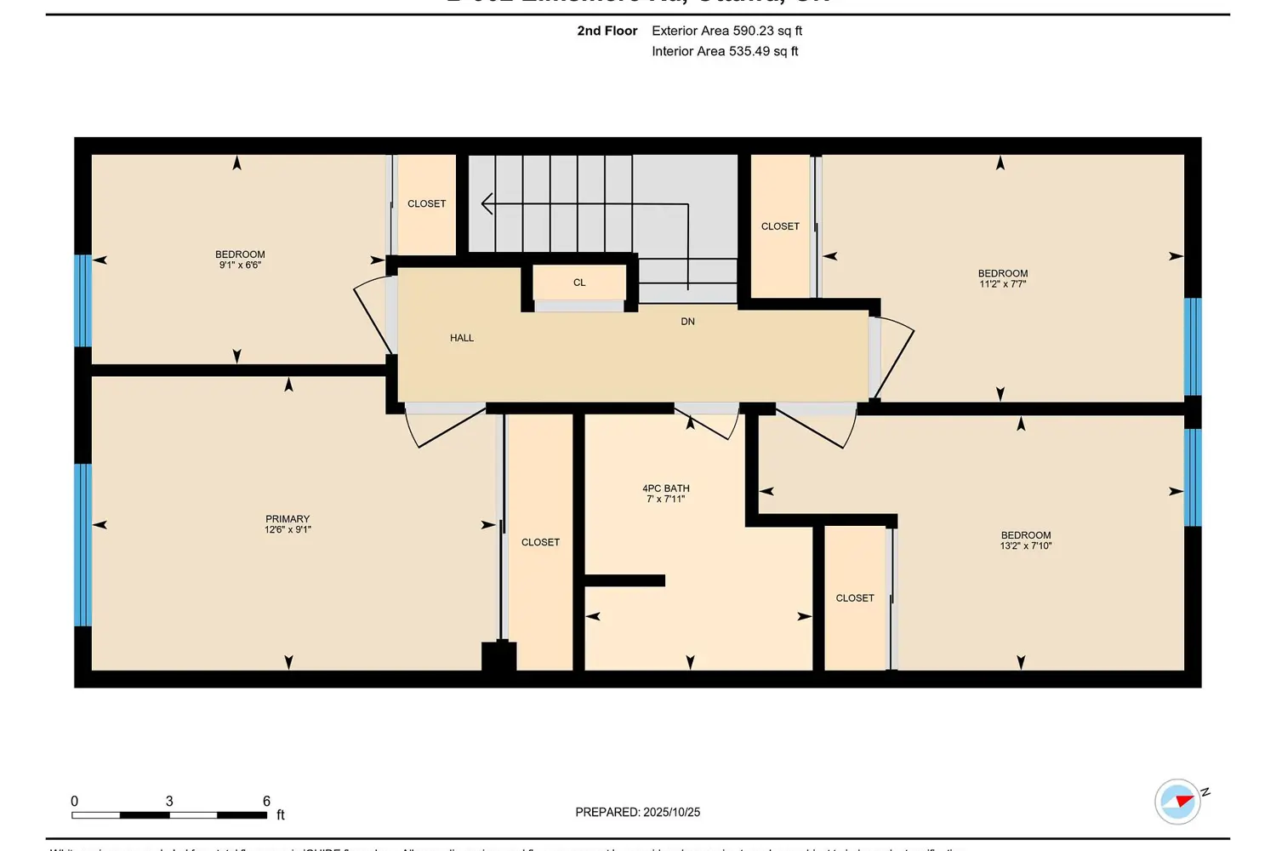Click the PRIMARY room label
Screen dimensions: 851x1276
click(288, 519)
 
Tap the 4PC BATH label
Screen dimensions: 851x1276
click(665, 488)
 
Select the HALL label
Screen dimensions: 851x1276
click(462, 338)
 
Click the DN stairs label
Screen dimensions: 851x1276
click(687, 322)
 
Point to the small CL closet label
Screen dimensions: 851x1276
click(579, 283)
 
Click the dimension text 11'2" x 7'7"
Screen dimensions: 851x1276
click(1002, 284)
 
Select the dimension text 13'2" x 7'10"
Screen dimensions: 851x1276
click(1025, 546)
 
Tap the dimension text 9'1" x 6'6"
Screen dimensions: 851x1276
click(240, 266)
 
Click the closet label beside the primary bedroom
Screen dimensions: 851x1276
click(540, 542)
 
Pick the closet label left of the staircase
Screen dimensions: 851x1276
click(426, 203)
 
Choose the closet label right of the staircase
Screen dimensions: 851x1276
click(780, 226)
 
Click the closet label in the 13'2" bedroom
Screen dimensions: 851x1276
click(855, 598)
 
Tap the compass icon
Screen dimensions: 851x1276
click(1177, 802)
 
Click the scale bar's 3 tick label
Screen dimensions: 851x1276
click(169, 801)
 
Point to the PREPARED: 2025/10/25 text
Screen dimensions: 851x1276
click(637, 812)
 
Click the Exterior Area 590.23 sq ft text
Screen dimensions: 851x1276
click(726, 31)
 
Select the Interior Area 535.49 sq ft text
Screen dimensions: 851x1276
click(725, 51)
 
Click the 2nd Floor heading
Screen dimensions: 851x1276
click(607, 31)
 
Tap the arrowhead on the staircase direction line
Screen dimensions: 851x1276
click(486, 204)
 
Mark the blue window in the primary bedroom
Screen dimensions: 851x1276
click(83, 545)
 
